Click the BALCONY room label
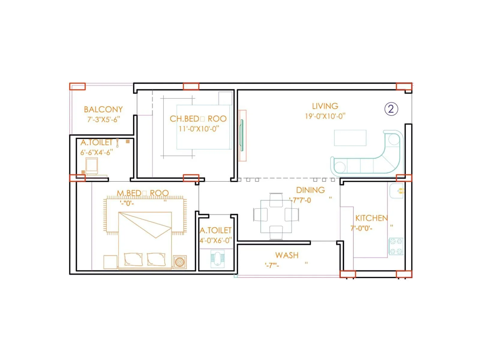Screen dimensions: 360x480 click(x=103, y=109)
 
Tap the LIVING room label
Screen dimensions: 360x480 click(x=325, y=106)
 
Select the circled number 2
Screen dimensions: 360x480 click(x=391, y=109)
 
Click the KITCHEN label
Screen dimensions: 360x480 click(x=371, y=218)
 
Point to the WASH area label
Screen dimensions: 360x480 click(x=287, y=255)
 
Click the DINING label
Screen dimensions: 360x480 click(x=310, y=190)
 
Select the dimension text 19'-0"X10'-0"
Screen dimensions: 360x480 click(x=325, y=116)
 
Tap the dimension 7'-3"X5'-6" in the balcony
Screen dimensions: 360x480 click(x=103, y=119)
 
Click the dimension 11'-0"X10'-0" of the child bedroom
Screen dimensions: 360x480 click(x=199, y=129)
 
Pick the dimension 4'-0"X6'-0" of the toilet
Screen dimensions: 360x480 click(x=216, y=241)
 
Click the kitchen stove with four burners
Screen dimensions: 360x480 click(x=396, y=246)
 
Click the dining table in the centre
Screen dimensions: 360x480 click(x=276, y=217)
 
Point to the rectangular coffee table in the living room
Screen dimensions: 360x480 click(x=350, y=138)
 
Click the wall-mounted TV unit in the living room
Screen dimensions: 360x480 click(x=242, y=136)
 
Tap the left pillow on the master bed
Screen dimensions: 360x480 click(x=133, y=259)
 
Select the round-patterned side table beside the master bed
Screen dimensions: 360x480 click(x=179, y=262)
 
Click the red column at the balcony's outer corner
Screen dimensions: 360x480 click(x=77, y=87)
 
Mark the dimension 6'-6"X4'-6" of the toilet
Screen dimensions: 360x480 click(x=96, y=152)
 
